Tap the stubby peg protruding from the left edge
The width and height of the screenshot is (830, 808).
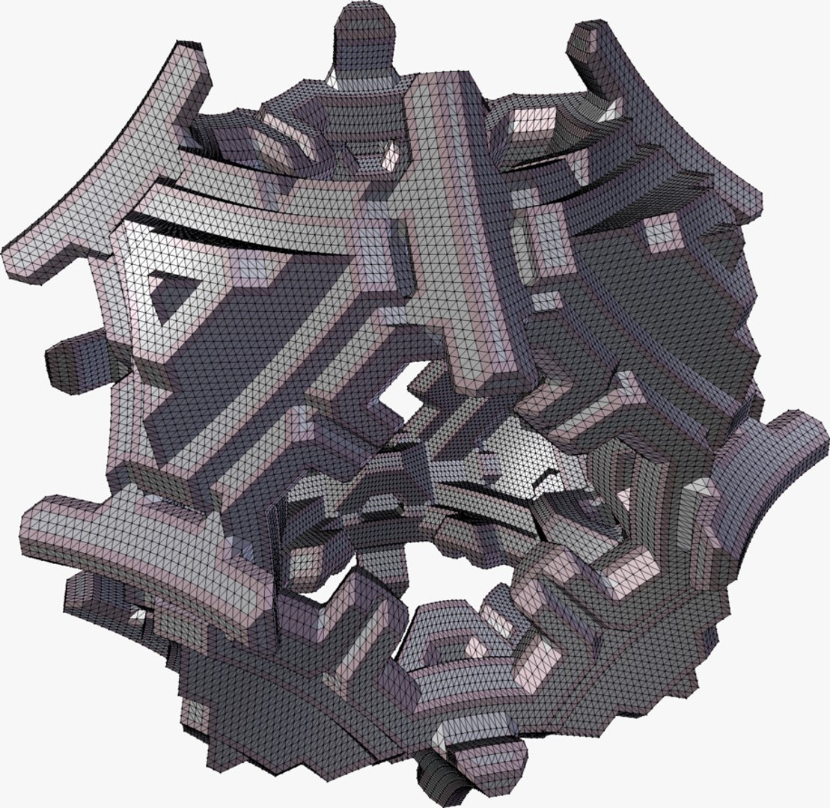click(x=72, y=352)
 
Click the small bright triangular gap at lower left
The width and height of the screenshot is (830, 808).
click(x=138, y=615)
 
